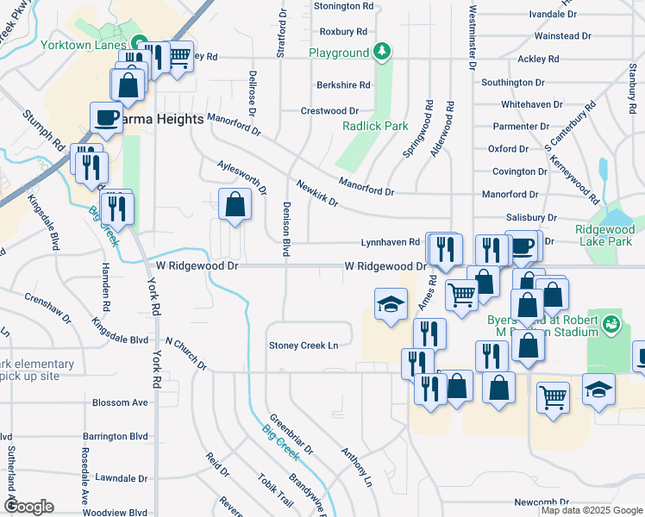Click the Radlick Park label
click(x=373, y=126)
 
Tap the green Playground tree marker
click(x=381, y=53)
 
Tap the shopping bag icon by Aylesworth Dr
click(x=235, y=205)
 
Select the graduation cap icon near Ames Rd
click(x=390, y=304)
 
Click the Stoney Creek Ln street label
click(x=303, y=346)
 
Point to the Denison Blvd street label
click(x=285, y=229)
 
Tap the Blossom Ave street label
click(x=120, y=402)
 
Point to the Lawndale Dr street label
click(x=122, y=477)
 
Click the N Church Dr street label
click(x=186, y=353)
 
